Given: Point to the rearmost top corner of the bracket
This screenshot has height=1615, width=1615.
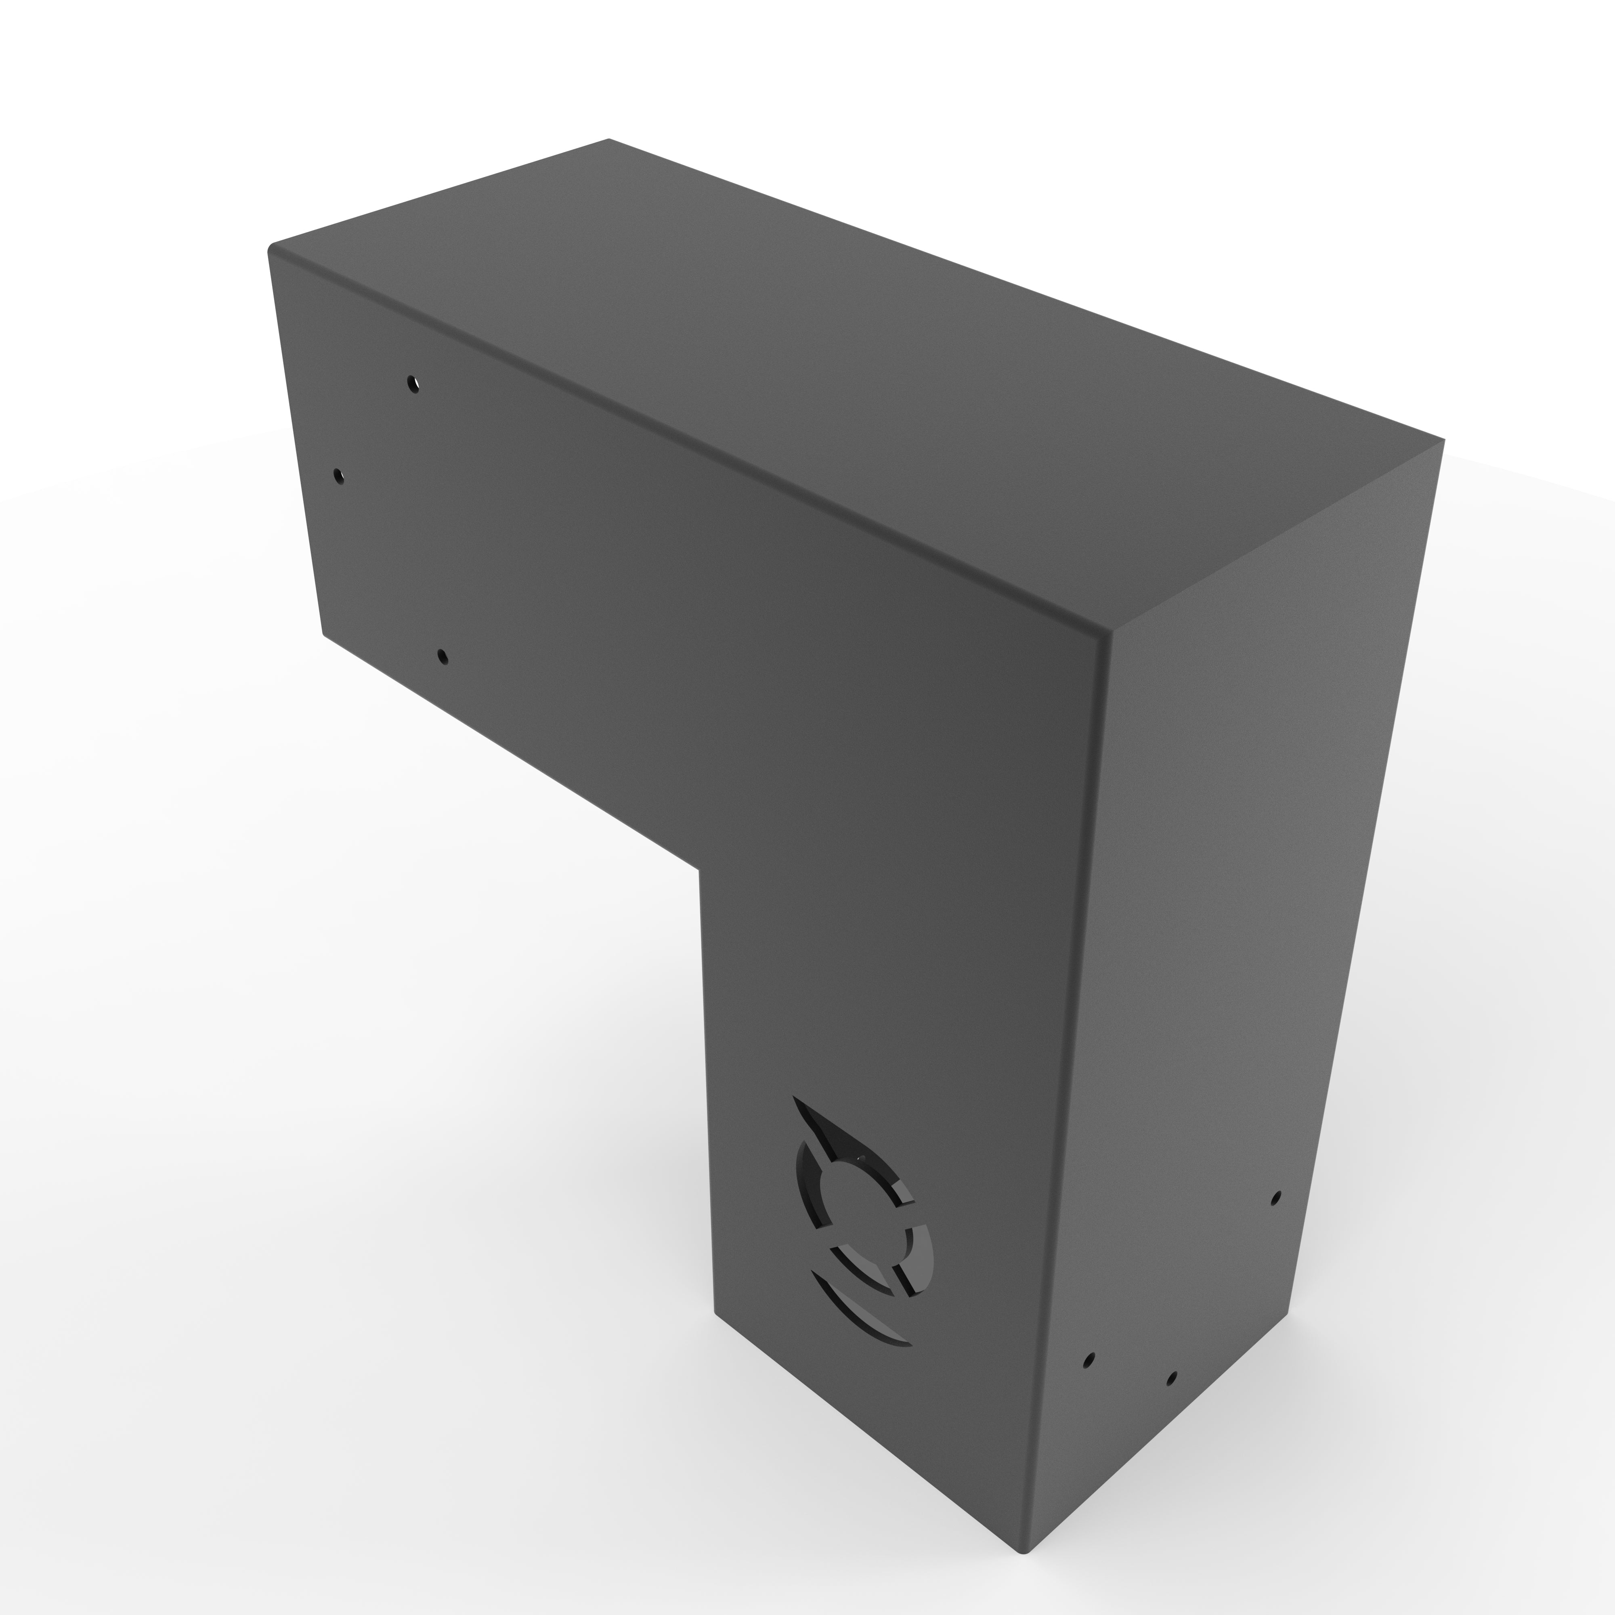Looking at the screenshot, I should (608, 140).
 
